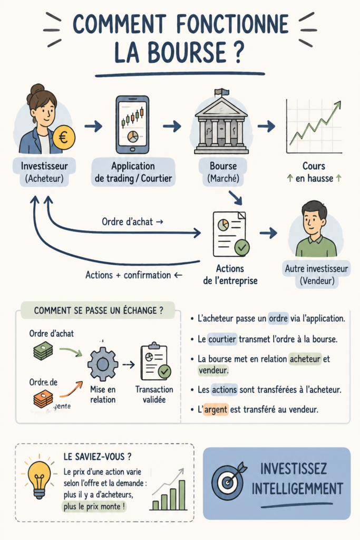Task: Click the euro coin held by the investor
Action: click(x=64, y=138)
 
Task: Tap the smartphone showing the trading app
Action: click(x=132, y=124)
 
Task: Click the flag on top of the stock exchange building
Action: click(x=222, y=92)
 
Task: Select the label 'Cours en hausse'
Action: click(x=314, y=172)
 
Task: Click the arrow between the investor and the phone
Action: click(x=93, y=127)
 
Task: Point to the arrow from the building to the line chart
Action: click(x=266, y=127)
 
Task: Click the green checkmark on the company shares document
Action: click(x=242, y=247)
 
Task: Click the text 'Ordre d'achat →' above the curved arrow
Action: click(x=132, y=222)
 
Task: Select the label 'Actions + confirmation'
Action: click(x=128, y=275)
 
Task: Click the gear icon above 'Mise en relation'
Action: click(x=103, y=364)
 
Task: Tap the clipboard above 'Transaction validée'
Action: click(x=155, y=361)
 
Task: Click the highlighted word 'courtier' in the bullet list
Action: click(x=222, y=339)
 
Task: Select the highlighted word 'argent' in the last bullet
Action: click(x=216, y=409)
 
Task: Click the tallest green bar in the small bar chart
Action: click(x=182, y=495)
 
